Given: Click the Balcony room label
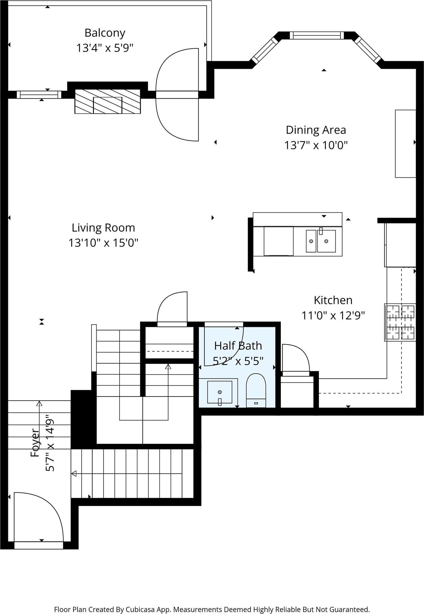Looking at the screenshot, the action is pos(105,33).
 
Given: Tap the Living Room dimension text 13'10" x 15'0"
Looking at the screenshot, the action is pos(103,243).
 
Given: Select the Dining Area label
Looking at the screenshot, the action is pos(316,130).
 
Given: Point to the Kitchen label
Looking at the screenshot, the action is pos(333,300).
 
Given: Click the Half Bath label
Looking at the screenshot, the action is pos(238,346).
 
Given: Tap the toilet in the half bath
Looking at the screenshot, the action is pos(256,390).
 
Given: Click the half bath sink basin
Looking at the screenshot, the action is pos(220,392).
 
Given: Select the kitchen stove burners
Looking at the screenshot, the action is pos(400,322).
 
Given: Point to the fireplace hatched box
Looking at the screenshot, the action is pos(108,101).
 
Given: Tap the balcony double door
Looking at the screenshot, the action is pos(177,95).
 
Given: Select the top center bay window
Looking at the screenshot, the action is pos(317,35).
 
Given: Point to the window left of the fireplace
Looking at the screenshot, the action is pos(39,95).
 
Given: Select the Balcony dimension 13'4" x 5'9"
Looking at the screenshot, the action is pos(105,48).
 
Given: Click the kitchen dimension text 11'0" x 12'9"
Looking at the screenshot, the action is pos(333,316).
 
